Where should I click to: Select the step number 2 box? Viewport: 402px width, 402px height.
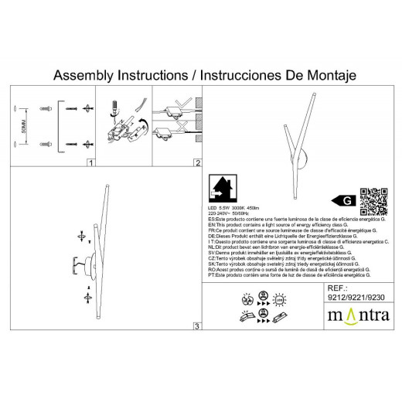point(197,164)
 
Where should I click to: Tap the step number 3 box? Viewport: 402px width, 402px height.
point(197,328)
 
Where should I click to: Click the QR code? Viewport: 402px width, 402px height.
point(375,199)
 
